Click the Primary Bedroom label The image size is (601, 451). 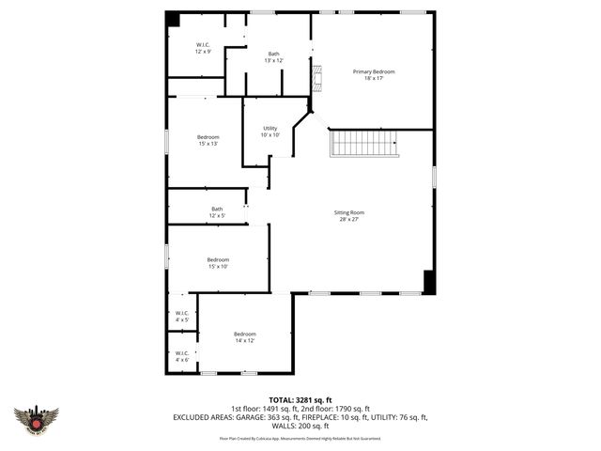coord(374,72)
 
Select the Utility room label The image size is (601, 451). coord(270,129)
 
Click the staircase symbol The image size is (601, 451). coord(364,144)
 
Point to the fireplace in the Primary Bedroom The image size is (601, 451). coord(317,79)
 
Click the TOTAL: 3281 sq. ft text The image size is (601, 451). coord(300,399)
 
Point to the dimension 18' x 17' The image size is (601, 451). coord(374,79)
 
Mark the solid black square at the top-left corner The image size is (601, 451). coord(173,19)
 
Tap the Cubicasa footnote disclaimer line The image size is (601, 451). coord(300,437)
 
